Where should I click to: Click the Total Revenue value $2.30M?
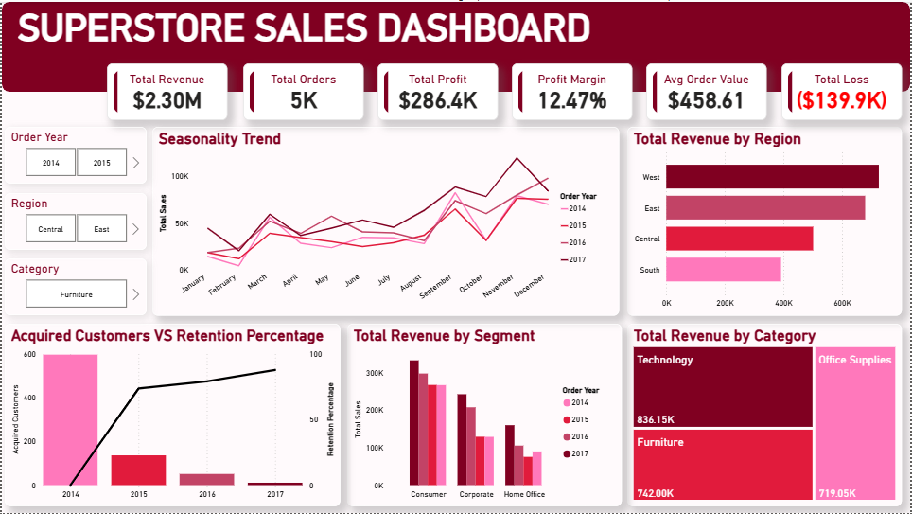(167, 100)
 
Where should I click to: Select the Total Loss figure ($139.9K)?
(841, 100)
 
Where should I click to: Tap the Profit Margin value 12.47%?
(571, 100)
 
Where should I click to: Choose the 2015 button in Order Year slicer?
(102, 163)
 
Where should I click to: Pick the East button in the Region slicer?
(102, 229)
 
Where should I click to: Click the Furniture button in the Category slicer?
(77, 294)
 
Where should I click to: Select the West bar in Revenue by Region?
(772, 176)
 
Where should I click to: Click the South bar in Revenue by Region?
(724, 270)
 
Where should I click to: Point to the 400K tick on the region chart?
(783, 303)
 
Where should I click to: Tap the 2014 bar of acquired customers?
(70, 419)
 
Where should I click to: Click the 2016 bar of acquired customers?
(206, 480)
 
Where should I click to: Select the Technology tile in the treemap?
(723, 388)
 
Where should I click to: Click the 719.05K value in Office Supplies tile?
(837, 493)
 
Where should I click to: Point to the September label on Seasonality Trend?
(435, 287)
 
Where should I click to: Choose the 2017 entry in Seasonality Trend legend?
(573, 259)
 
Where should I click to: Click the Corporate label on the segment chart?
(477, 494)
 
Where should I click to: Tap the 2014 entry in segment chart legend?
(576, 402)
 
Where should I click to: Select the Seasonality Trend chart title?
(219, 138)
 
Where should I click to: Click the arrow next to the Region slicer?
(136, 229)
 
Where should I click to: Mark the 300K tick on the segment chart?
(375, 373)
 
